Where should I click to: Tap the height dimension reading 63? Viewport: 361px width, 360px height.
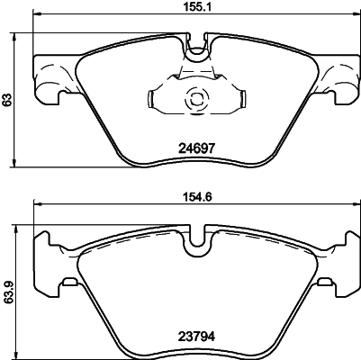[8, 102]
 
